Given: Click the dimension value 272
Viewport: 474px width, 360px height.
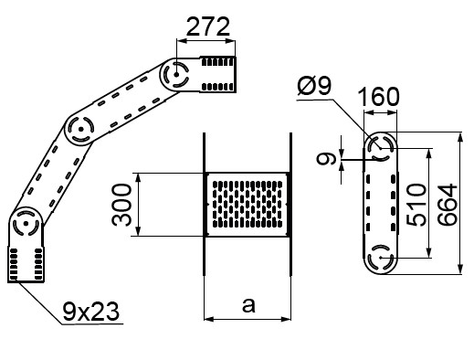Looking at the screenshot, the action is [208, 26].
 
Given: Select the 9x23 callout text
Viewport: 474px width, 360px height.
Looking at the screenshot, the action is [90, 312].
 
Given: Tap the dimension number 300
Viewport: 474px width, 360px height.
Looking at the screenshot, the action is [121, 205].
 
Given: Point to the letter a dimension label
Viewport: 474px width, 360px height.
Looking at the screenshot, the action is [248, 305].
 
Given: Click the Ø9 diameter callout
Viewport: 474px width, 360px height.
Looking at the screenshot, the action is [314, 86].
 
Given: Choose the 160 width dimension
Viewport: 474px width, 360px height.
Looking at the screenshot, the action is [378, 97].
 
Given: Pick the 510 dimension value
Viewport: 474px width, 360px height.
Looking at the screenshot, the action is [417, 205].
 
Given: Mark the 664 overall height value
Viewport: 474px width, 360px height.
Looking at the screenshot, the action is [448, 205].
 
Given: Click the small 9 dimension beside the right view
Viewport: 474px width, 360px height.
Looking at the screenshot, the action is [326, 159].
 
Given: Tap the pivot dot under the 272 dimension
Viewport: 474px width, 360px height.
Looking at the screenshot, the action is [176, 74].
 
